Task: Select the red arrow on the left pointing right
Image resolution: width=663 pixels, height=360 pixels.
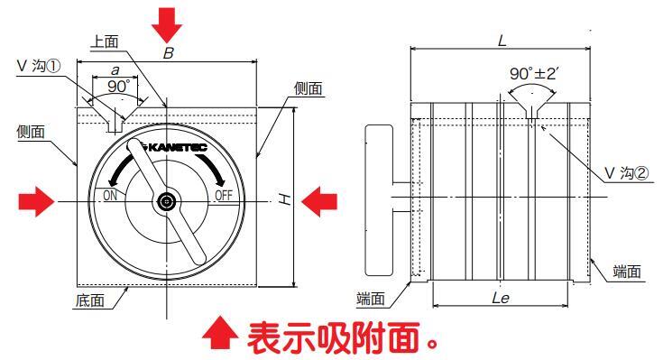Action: (36, 201)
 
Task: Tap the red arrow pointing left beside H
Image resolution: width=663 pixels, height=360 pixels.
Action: (319, 201)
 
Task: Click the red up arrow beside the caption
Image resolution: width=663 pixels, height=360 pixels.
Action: (220, 333)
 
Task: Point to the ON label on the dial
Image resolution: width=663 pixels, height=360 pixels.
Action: (110, 195)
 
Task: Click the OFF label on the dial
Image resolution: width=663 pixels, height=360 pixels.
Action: (224, 195)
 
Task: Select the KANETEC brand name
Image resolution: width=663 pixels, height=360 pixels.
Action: (179, 147)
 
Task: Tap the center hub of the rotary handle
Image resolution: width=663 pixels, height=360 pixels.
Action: (168, 202)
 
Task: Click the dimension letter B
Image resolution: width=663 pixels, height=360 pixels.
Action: (169, 53)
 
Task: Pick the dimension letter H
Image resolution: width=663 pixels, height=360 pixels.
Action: (287, 198)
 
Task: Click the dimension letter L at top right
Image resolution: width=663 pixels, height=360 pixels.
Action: (502, 41)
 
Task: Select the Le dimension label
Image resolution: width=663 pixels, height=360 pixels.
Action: (501, 298)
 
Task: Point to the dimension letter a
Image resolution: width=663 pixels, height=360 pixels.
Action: (115, 70)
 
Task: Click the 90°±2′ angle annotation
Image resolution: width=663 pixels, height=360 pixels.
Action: (534, 74)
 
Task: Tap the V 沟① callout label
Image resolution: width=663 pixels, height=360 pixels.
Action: (39, 66)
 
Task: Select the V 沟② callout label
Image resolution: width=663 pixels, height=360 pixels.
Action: (627, 172)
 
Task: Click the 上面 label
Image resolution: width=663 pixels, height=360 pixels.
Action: (105, 42)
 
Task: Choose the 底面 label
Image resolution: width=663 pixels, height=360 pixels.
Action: (90, 300)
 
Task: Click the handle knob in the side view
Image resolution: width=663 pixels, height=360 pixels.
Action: (379, 200)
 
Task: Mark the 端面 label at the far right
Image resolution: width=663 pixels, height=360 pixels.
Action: (627, 272)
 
